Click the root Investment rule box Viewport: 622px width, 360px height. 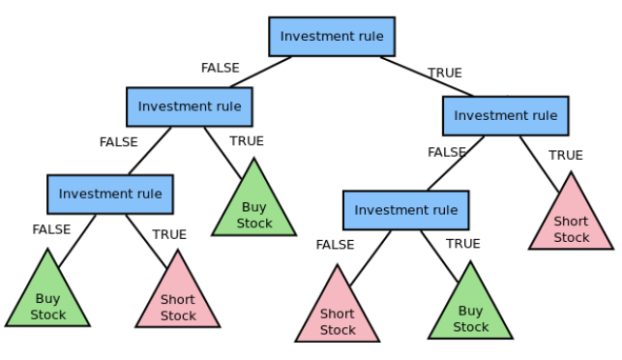332,37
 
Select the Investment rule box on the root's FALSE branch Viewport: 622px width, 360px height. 190,106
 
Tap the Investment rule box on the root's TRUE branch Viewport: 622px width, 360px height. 505,116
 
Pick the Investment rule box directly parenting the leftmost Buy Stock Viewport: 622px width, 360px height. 110,194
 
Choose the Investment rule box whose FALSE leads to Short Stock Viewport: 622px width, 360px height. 405,210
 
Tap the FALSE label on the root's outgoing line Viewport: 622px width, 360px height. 221,68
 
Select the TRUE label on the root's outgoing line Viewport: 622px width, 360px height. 445,73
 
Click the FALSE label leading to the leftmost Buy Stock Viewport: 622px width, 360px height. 51,229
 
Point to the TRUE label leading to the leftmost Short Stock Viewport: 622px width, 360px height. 169,234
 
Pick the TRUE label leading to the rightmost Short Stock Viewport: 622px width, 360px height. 566,155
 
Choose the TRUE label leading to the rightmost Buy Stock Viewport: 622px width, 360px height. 463,244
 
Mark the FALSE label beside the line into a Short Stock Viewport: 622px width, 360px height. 335,245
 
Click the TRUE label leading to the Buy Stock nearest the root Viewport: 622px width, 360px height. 247,141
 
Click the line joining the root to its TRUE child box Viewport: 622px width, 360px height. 426,76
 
